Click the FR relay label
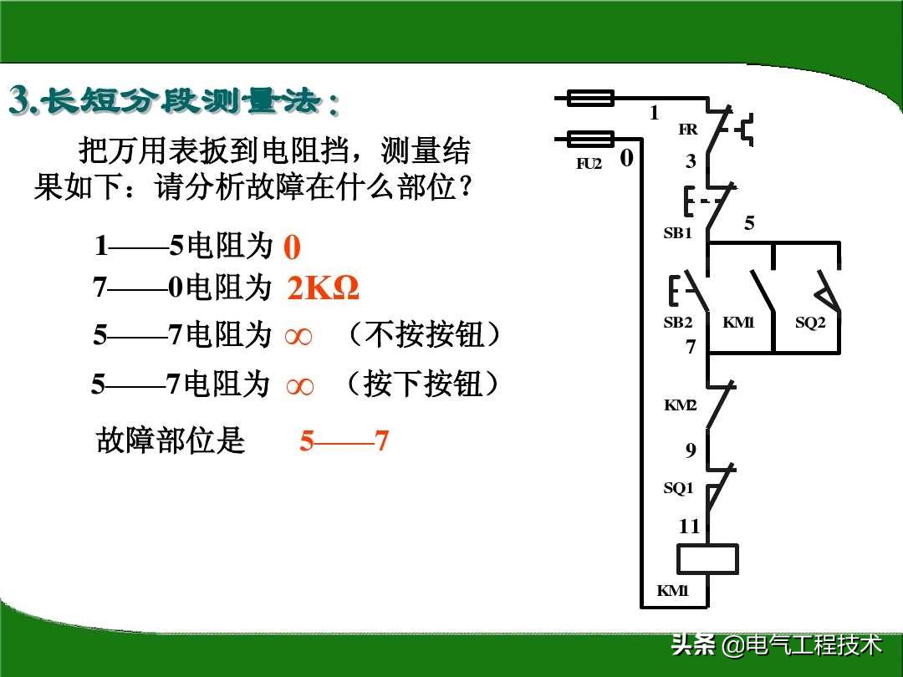(688, 130)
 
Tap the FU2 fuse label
(589, 164)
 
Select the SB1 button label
(677, 233)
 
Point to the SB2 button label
(677, 323)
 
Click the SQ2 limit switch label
(809, 323)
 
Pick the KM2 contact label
(680, 405)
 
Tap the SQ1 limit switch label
(678, 488)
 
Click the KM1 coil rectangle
(707, 558)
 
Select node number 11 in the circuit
(689, 527)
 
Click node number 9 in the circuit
(691, 450)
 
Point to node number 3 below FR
(691, 162)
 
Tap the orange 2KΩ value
(324, 289)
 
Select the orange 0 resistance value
(292, 248)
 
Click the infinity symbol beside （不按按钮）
(298, 337)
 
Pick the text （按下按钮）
(422, 384)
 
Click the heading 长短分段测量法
(175, 101)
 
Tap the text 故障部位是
(171, 440)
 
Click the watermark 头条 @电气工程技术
(777, 644)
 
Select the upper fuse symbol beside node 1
(590, 98)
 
